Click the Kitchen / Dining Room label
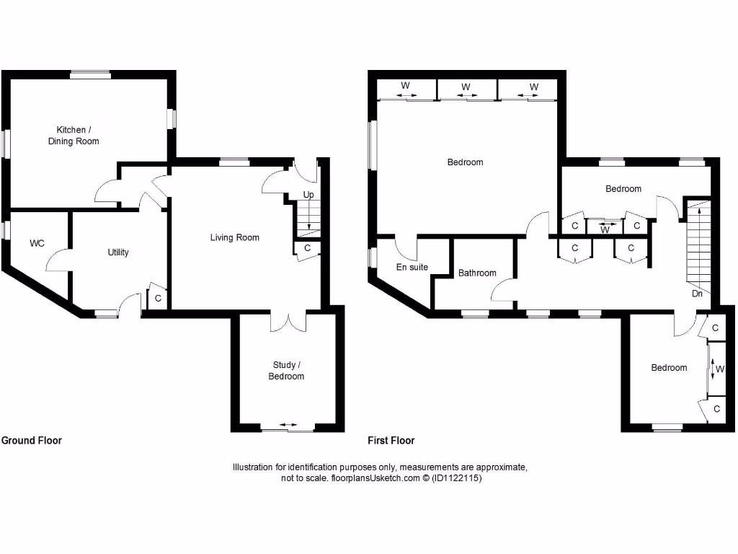[x=74, y=136]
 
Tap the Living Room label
[x=235, y=237]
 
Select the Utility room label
[x=118, y=252]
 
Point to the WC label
[x=37, y=244]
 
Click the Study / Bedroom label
[x=286, y=371]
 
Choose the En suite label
[x=412, y=268]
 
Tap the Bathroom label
[x=477, y=273]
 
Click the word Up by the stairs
[x=308, y=195]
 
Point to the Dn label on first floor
[x=697, y=294]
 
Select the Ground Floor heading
[x=32, y=441]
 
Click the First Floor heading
[x=391, y=441]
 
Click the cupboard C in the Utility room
[x=158, y=298]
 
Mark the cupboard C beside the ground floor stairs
[x=307, y=248]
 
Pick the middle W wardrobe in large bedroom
[x=466, y=87]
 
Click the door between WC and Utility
[x=58, y=260]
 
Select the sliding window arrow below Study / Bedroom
[x=287, y=426]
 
